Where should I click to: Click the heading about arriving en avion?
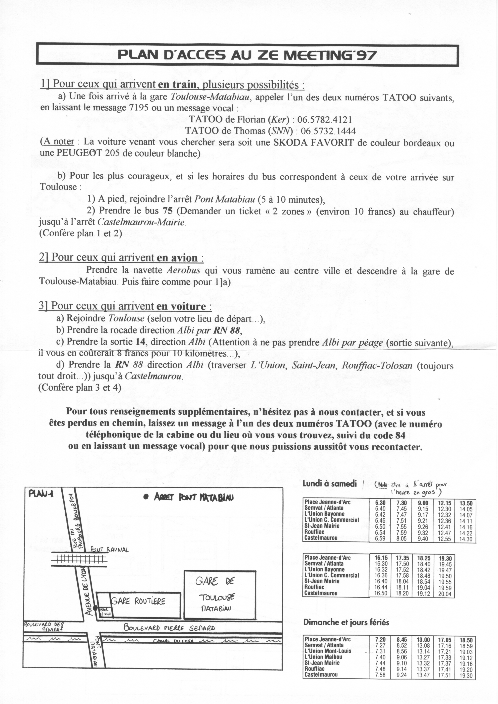pos(121,257)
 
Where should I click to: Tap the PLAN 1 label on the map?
pos(41,494)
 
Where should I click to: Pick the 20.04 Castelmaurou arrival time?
pos(444,594)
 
